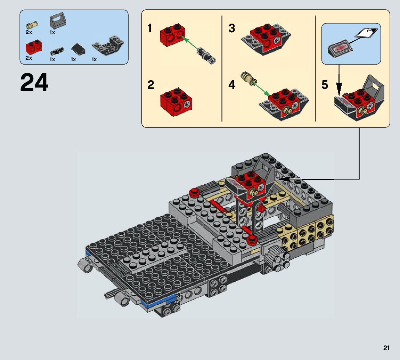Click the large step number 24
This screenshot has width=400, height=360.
34,83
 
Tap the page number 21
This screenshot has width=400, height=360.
386,348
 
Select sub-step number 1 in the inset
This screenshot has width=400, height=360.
150,28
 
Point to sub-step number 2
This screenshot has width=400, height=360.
151,85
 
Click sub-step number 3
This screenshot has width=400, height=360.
232,28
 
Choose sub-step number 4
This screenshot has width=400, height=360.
232,85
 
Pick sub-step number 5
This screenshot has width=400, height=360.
325,85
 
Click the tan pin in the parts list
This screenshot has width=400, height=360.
32,25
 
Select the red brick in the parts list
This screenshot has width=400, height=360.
34,47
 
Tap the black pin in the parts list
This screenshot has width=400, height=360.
57,51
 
